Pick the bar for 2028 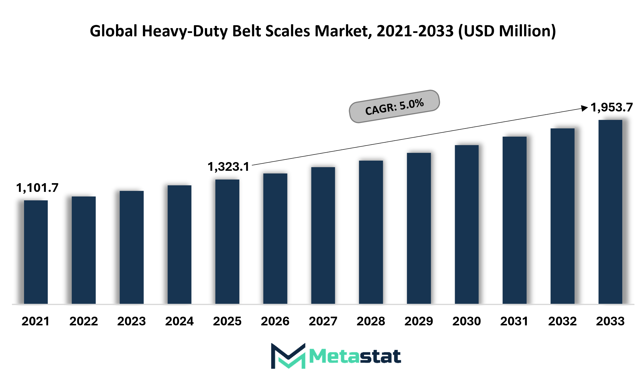click(371, 232)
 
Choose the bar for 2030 click(466, 224)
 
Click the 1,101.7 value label click(37, 188)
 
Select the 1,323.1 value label click(228, 167)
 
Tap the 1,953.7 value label click(611, 107)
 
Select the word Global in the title click(113, 31)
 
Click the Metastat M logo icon click(288, 356)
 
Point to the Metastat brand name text click(355, 357)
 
